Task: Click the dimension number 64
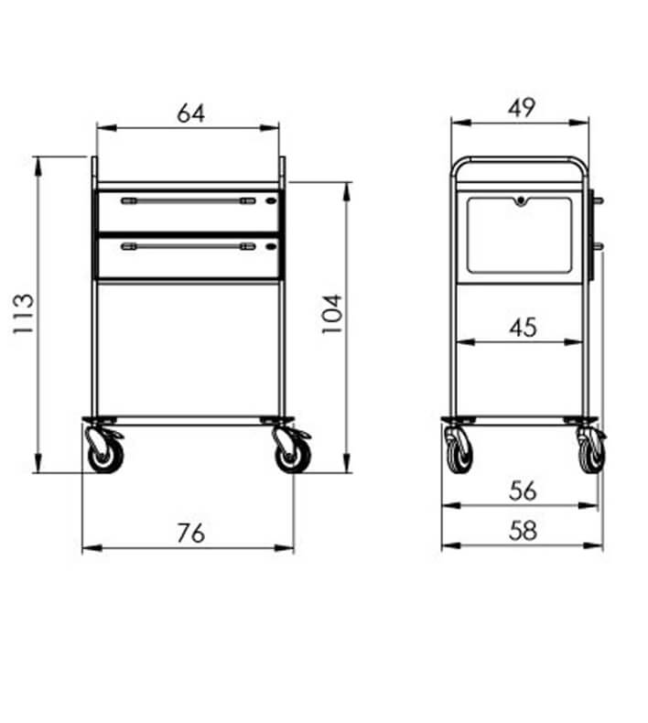click(191, 113)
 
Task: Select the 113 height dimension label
click(23, 314)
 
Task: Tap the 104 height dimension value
click(331, 314)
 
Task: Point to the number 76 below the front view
click(191, 533)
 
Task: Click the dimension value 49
click(522, 108)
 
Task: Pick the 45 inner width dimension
click(523, 328)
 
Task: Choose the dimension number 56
click(523, 491)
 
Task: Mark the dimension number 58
click(523, 530)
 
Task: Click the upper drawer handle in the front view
click(189, 201)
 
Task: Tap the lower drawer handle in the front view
click(189, 247)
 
